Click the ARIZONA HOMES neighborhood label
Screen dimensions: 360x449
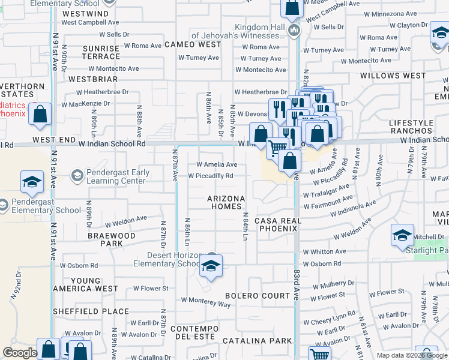click(226, 202)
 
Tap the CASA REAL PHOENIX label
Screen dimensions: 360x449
click(277, 224)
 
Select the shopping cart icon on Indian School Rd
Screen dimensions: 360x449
click(277, 148)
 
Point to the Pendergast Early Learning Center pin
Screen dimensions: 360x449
click(76, 175)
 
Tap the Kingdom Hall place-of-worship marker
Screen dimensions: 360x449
click(294, 31)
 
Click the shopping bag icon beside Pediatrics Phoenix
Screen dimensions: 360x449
click(40, 116)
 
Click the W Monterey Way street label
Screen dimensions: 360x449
click(205, 301)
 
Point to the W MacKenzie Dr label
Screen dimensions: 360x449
click(86, 103)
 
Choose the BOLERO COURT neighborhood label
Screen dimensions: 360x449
click(258, 296)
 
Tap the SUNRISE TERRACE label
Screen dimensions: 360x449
click(101, 52)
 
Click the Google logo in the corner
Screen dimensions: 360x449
click(20, 353)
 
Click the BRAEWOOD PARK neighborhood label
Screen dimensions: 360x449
click(112, 240)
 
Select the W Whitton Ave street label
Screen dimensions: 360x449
click(324, 252)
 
